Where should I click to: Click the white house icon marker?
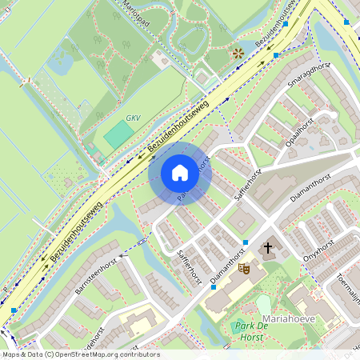coord(179,172)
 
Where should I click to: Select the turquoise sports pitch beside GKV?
coord(118,134)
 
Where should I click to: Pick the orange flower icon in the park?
coord(237,53)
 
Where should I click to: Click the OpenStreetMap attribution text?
coord(80,354)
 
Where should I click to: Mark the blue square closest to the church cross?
coord(245,242)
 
